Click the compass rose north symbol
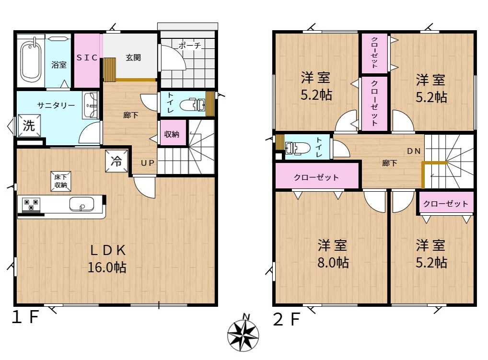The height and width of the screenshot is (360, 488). pos(243,333)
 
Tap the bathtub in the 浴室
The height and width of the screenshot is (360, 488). pos(31,62)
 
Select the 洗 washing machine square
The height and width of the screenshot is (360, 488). pos(29,126)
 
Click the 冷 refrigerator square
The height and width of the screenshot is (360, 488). pos(116,161)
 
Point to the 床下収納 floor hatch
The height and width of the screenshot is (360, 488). pos(61,181)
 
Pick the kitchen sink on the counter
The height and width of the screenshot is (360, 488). pos(81,204)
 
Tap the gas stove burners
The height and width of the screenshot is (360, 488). pos(31,205)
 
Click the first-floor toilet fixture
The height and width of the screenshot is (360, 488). pos(193,105)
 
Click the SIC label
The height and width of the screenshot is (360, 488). pos(87,58)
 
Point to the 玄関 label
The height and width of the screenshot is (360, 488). pos(133,58)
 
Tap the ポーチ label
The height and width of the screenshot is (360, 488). pos(190,46)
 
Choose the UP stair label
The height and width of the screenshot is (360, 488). pos(148,163)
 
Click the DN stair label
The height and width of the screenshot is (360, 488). pos(414,151)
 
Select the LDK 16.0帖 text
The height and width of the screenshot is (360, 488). pos(107,258)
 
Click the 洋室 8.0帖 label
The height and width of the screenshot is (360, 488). pos(333,254)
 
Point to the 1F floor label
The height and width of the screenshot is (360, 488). pos(25,317)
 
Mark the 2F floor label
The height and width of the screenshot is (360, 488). pos(287,319)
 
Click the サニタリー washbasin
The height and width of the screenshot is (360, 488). pos(91,105)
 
